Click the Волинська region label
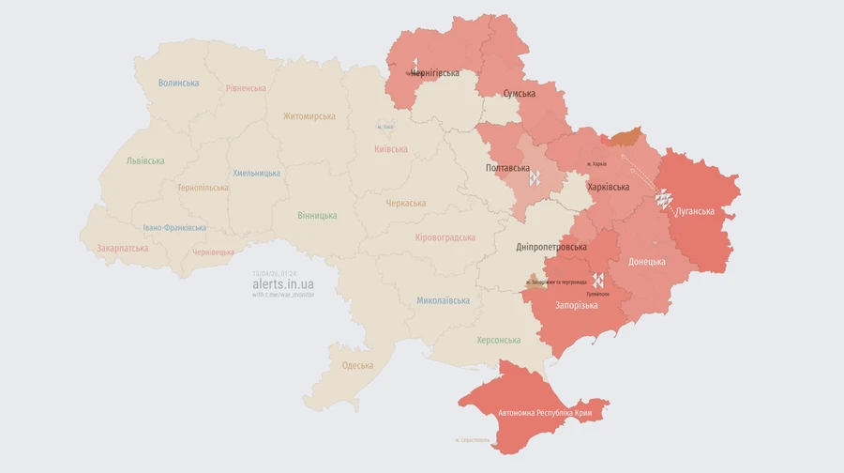[178, 83]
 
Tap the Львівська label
[145, 160]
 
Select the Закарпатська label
[122, 249]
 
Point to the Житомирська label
[309, 116]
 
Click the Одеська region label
[357, 366]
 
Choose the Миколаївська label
[443, 300]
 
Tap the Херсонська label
[498, 340]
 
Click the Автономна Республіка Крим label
[550, 413]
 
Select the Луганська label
[694, 211]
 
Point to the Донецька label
[647, 262]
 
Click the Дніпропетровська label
[551, 247]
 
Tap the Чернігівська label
[435, 72]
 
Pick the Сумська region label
[520, 94]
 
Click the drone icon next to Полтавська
[535, 176]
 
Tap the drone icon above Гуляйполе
[597, 280]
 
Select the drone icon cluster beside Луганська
[663, 198]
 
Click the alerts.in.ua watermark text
[282, 283]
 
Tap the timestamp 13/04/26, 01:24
[274, 273]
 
